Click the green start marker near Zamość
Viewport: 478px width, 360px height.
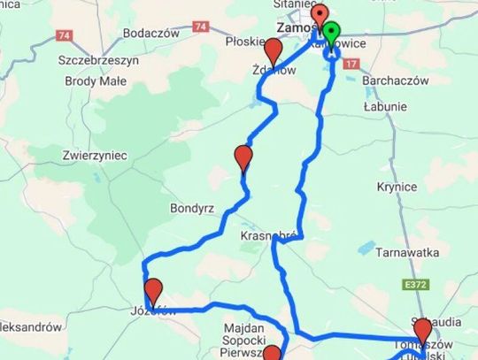coord(331,36)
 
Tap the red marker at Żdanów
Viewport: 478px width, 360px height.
coord(274,50)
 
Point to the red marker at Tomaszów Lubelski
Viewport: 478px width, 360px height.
coord(422,330)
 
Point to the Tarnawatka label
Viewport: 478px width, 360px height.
coord(407,253)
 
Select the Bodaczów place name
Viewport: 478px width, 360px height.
coord(151,33)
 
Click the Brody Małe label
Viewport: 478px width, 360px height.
coord(96,80)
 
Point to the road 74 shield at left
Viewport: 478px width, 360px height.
coord(63,35)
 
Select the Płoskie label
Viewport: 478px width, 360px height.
coord(244,41)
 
